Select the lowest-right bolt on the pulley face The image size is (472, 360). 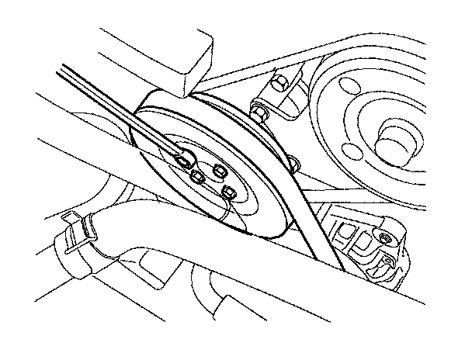pos(229,192)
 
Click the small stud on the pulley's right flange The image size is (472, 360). pos(293,164)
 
